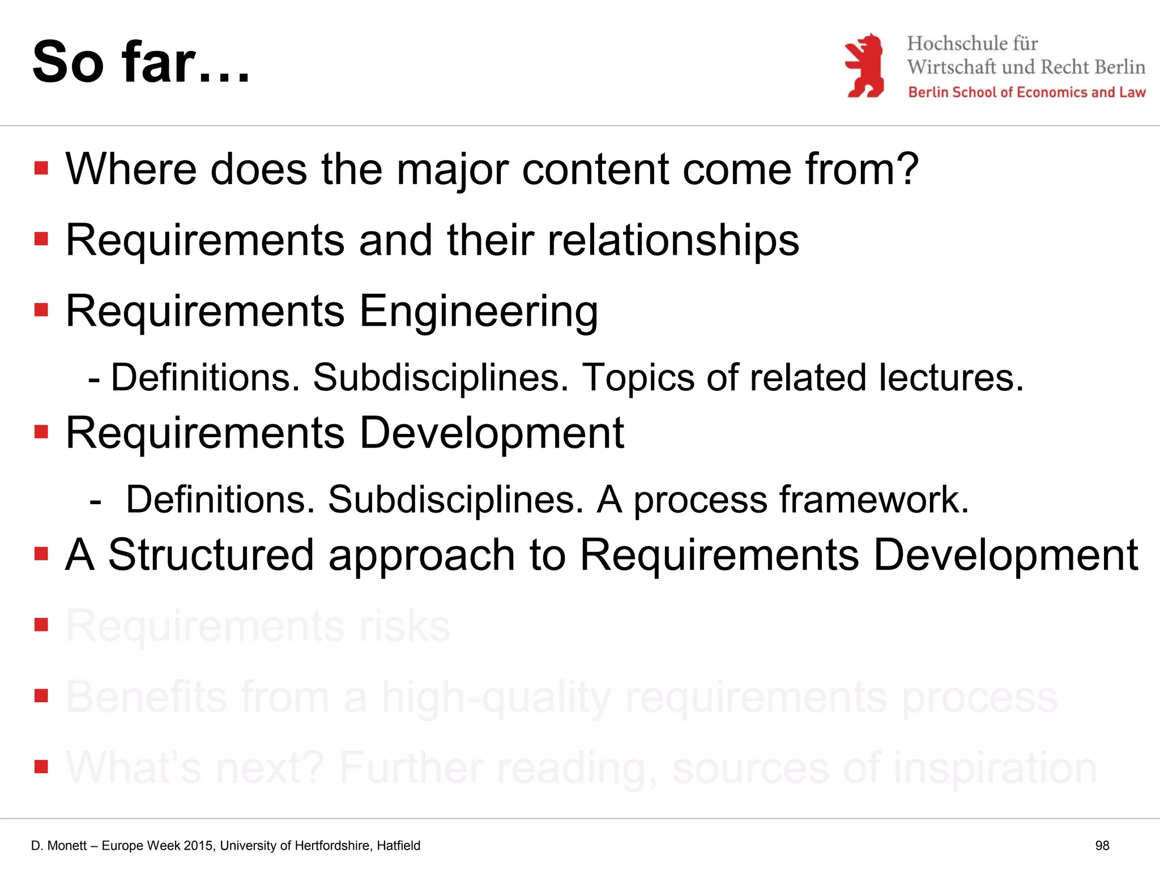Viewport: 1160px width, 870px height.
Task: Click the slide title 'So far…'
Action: coord(141,62)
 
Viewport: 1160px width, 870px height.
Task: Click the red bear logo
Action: coord(864,66)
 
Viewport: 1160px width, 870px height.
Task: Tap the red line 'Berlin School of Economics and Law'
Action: coord(1026,92)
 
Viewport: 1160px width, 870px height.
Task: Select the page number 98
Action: coord(1102,846)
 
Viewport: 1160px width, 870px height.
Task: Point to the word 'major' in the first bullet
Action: coord(452,169)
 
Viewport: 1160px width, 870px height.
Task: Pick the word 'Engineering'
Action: coord(479,312)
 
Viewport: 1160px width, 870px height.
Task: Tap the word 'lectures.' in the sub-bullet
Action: coord(951,377)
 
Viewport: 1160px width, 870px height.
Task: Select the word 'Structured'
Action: coord(211,555)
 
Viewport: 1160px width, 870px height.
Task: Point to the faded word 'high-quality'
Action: coord(496,698)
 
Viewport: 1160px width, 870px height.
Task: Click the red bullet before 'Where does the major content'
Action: coord(41,168)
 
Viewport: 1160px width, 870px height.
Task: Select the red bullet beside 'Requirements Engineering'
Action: coord(41,310)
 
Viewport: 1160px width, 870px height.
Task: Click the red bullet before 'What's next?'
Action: coord(41,767)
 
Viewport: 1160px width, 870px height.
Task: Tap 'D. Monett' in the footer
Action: coord(59,846)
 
